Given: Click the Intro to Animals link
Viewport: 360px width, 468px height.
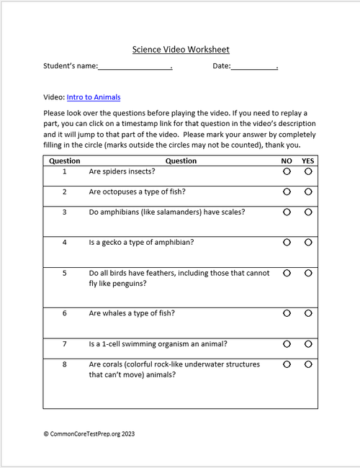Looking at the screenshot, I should click(94, 97).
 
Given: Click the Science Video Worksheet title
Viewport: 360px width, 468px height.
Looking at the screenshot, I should click(181, 50).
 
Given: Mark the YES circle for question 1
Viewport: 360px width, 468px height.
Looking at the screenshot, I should click(308, 172).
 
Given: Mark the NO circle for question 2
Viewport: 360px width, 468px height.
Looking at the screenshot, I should click(287, 192).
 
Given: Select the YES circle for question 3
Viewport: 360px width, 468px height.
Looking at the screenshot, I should click(308, 212).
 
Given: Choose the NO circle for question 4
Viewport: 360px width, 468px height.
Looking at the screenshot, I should click(287, 243).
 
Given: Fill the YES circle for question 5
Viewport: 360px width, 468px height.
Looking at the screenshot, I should click(308, 273).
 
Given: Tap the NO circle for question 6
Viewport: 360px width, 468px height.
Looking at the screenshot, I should click(287, 313).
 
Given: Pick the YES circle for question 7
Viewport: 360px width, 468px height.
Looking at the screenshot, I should click(308, 343).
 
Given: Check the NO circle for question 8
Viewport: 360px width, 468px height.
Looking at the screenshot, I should click(287, 364).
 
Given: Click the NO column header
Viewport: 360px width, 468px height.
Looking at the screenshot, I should click(287, 161).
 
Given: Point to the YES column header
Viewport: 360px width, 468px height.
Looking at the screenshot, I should click(308, 161).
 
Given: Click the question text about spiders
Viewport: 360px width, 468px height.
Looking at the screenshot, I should click(122, 172).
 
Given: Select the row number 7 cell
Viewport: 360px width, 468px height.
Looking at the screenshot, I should click(64, 343).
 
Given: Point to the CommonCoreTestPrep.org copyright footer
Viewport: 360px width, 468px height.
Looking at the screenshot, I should click(89, 434).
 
